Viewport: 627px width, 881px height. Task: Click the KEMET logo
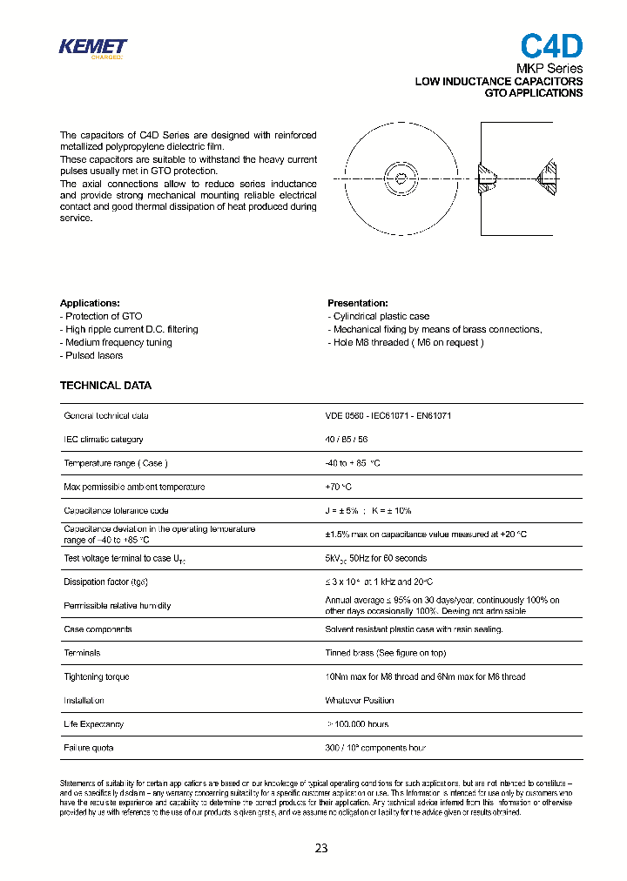(x=92, y=48)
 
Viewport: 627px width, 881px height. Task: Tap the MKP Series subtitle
(x=550, y=69)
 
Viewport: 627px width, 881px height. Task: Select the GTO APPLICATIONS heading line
(x=533, y=93)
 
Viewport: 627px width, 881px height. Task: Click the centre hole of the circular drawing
(x=400, y=178)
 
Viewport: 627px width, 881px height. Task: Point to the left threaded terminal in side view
(x=488, y=178)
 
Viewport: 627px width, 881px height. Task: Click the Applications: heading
(x=90, y=303)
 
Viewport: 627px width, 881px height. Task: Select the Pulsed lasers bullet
(x=91, y=355)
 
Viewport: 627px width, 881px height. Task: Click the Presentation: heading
(x=358, y=303)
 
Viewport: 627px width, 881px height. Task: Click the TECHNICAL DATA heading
(x=105, y=385)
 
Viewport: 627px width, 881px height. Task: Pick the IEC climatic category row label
(x=104, y=440)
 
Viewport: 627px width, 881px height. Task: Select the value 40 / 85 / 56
(x=346, y=440)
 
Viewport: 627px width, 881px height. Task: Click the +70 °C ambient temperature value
(x=338, y=487)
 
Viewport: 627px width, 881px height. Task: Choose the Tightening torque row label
(x=96, y=676)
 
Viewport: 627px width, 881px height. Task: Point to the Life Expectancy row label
(x=94, y=724)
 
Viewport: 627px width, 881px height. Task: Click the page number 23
(x=321, y=848)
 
